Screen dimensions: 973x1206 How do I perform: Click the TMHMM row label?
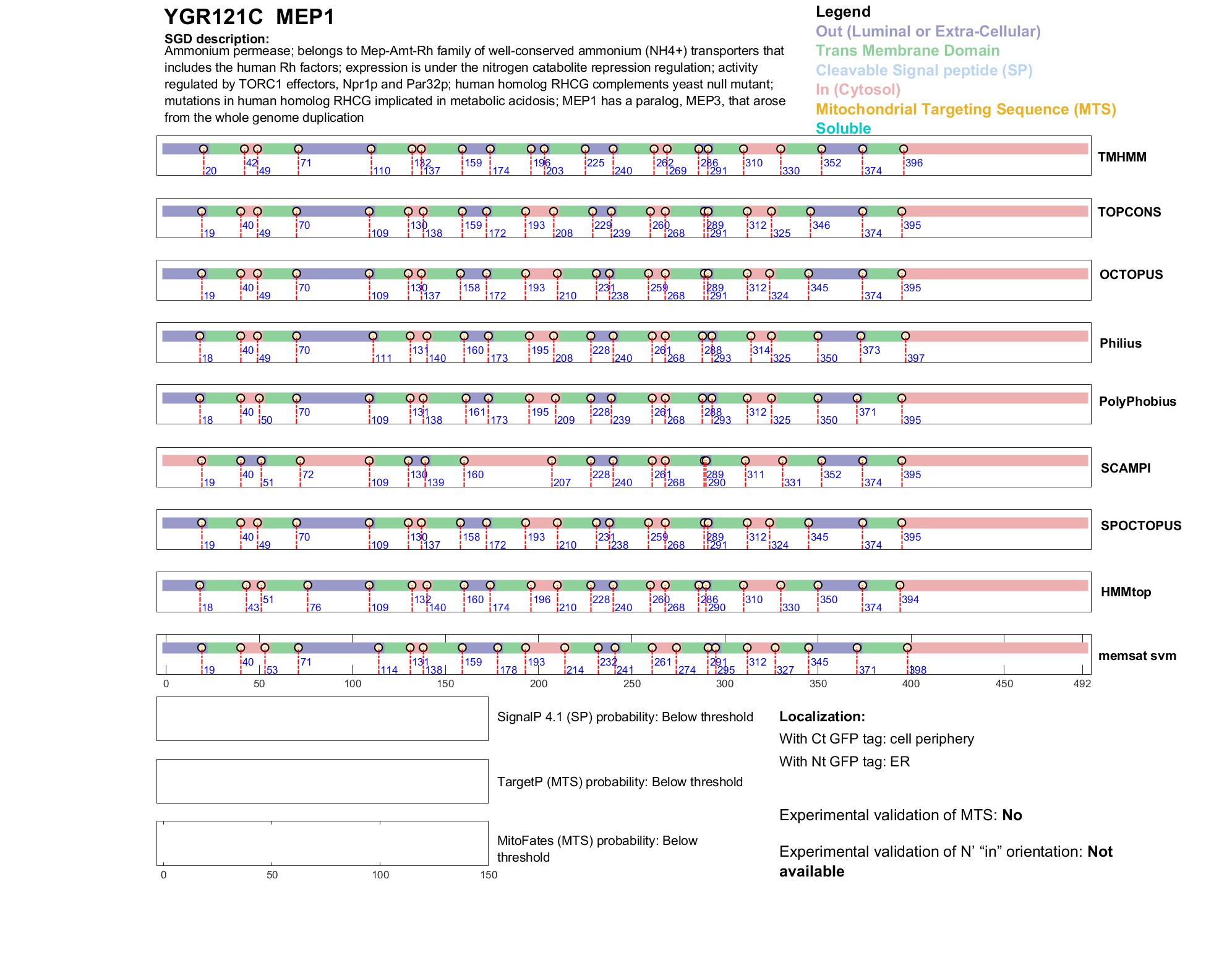point(1121,157)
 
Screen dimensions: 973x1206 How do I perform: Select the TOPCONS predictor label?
point(1129,212)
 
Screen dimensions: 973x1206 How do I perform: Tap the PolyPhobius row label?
point(1137,401)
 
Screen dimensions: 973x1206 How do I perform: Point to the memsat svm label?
point(1137,656)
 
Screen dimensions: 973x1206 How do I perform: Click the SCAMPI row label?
point(1125,468)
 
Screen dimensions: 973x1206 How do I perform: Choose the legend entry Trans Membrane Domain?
point(907,51)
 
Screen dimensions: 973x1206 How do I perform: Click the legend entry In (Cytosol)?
point(857,90)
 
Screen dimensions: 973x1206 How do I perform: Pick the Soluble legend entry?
point(843,129)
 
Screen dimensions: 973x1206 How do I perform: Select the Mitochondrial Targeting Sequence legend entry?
point(965,109)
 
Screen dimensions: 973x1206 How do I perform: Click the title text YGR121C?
point(213,17)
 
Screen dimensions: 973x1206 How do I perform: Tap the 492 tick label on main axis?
point(1082,684)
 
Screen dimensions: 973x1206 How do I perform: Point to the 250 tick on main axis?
point(631,684)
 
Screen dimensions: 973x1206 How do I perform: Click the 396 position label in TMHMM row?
point(913,163)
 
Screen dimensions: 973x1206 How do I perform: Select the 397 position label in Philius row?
point(915,358)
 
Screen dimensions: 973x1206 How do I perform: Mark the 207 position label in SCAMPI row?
point(562,482)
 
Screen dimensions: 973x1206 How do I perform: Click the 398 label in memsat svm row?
point(917,670)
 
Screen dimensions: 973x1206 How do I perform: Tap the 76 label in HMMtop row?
point(315,607)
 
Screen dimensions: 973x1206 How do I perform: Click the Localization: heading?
point(821,717)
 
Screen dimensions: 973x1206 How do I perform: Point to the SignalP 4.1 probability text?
point(625,717)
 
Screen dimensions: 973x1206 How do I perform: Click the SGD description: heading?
point(216,39)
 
